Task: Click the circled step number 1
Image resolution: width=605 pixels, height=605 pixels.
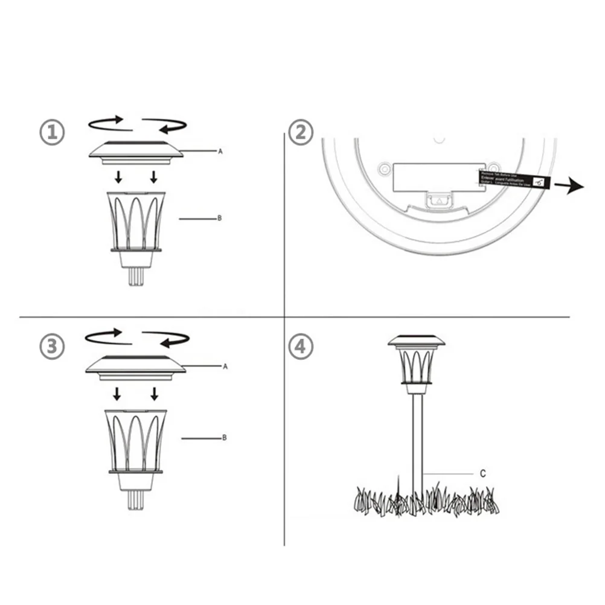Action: coord(52,132)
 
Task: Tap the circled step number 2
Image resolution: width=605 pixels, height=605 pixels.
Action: coord(301,132)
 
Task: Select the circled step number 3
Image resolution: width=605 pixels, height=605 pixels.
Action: coord(52,347)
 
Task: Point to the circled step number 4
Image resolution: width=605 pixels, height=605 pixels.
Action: coord(301,348)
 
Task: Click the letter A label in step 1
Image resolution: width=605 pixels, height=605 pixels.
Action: coord(220,152)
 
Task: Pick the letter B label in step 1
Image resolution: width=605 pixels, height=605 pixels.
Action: coord(219,219)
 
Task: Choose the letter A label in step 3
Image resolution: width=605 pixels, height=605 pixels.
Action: coord(225,367)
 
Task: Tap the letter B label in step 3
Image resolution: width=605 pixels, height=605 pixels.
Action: coord(224,438)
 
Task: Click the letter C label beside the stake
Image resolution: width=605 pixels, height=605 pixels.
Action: coord(482,474)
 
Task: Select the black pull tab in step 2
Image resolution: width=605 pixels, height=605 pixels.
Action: coord(514,179)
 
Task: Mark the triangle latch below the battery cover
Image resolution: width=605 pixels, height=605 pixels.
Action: coord(440,199)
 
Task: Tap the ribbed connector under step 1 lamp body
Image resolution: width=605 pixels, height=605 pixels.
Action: coord(136,277)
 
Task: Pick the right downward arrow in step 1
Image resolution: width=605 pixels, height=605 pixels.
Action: coord(154,176)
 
